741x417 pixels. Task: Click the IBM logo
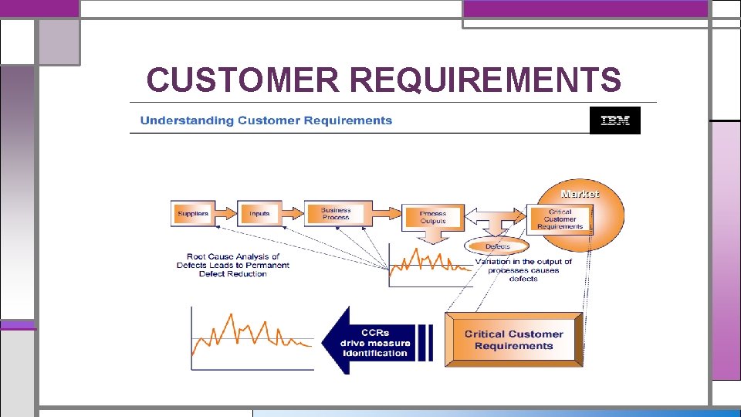(x=614, y=120)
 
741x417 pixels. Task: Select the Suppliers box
(x=193, y=213)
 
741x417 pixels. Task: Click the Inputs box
(x=259, y=213)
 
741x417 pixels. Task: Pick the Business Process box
(x=335, y=213)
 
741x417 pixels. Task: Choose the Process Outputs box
(x=432, y=217)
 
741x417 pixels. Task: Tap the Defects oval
(x=498, y=246)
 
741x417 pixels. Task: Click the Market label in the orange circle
(x=580, y=194)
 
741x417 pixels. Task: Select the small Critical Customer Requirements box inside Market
(x=560, y=219)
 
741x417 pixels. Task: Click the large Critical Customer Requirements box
(x=514, y=340)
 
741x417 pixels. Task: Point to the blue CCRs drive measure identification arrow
(x=376, y=342)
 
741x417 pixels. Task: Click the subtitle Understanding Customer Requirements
(x=266, y=120)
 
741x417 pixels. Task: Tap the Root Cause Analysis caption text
(x=232, y=265)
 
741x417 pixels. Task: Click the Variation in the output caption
(x=523, y=270)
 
